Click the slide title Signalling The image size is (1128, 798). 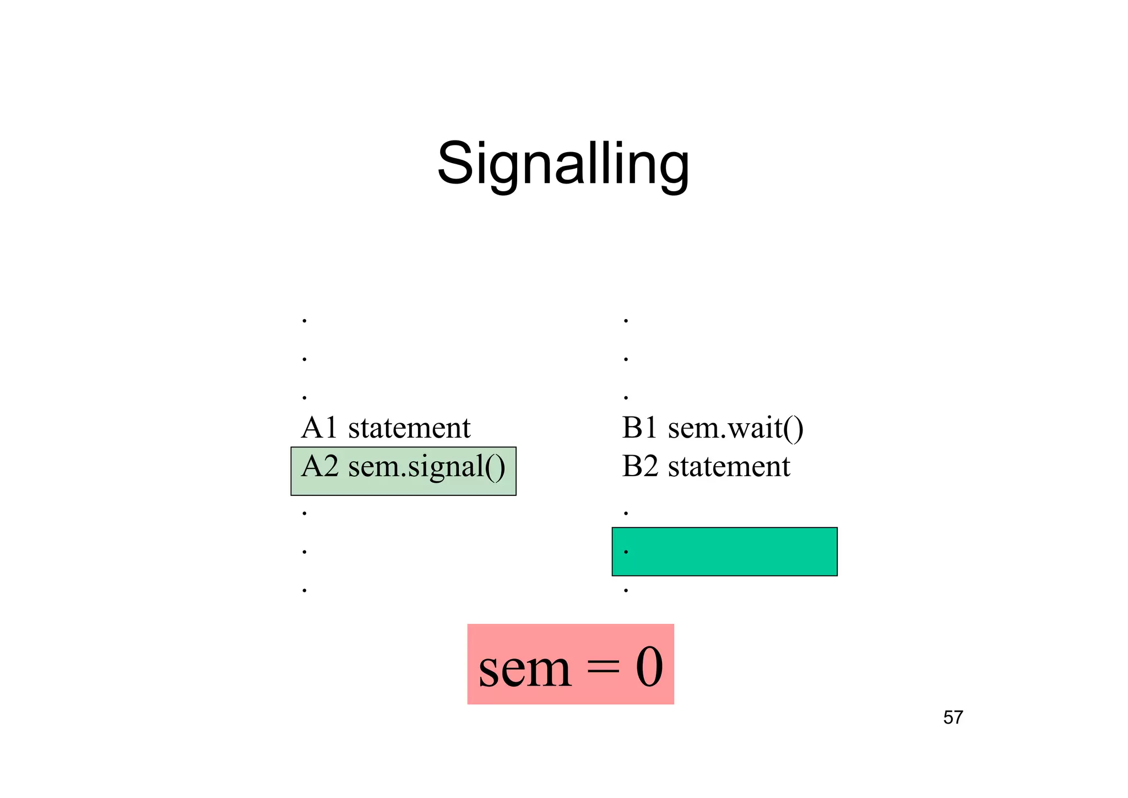click(563, 164)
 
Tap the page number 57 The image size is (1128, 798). click(953, 718)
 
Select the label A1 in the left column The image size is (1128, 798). click(319, 428)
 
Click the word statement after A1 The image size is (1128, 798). click(409, 428)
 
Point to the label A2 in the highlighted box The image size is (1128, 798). click(319, 466)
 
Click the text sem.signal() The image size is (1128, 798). click(427, 467)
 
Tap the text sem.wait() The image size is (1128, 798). click(736, 428)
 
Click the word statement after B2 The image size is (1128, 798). click(729, 467)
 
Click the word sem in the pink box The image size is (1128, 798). click(525, 669)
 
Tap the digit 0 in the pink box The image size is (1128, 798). click(649, 667)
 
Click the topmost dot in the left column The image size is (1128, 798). click(305, 320)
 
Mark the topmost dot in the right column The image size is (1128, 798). click(626, 320)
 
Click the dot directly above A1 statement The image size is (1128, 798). click(305, 397)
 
